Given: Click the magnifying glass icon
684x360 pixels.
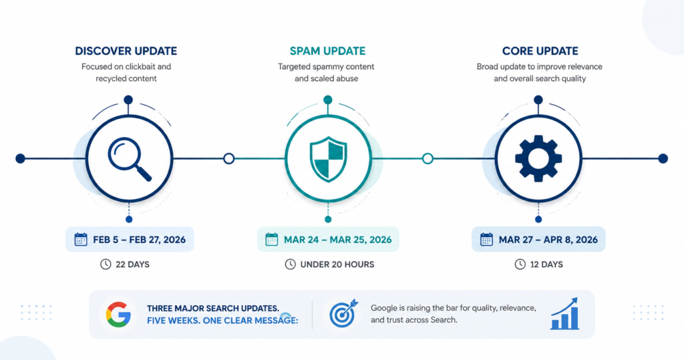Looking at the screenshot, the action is [x=129, y=159].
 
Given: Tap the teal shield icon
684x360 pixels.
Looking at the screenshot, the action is [x=328, y=159].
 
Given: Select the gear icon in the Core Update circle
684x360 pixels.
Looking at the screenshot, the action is [x=538, y=158].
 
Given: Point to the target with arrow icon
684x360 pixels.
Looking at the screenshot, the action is [x=343, y=313].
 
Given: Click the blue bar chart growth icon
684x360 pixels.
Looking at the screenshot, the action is [x=565, y=313].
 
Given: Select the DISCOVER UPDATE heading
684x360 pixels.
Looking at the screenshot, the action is [x=126, y=51].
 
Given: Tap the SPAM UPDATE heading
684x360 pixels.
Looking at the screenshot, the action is [x=327, y=51].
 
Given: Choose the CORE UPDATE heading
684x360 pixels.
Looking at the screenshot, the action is [x=540, y=51].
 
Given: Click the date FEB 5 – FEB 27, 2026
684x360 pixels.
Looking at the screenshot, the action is [x=139, y=240].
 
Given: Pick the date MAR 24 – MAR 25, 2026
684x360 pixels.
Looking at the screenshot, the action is [x=337, y=240].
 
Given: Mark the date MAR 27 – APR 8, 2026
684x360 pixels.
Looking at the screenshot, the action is [x=548, y=240].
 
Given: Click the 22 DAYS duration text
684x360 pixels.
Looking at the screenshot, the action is [x=133, y=264].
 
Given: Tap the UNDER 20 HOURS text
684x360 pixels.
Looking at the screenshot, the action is [x=337, y=264].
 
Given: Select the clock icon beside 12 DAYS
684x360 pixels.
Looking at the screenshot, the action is [x=520, y=264].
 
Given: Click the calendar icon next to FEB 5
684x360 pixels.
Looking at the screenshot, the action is [x=81, y=239].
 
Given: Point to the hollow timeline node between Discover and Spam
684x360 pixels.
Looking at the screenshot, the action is [x=228, y=158].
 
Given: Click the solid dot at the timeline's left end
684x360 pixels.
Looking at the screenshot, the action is [x=20, y=158].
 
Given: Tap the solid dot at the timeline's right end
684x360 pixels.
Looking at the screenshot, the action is [x=663, y=158].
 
